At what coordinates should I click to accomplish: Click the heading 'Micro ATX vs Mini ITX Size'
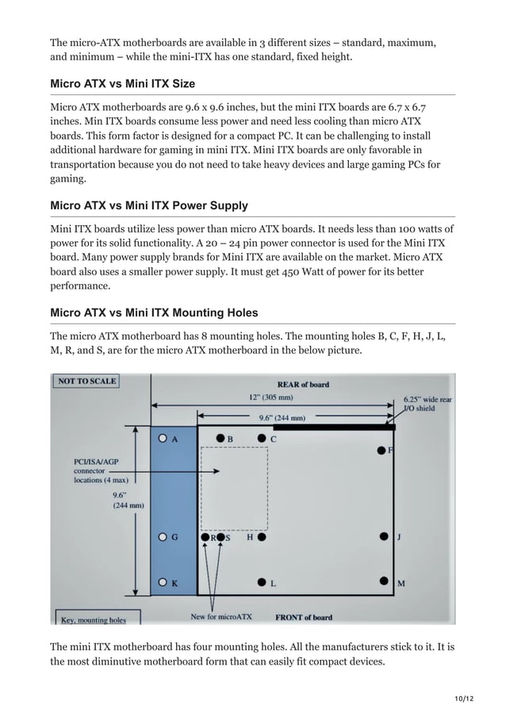coord(122,83)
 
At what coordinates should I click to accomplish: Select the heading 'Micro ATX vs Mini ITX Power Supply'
coord(149,205)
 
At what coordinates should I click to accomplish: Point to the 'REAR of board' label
coord(302,385)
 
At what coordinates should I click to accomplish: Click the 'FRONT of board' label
coord(303,617)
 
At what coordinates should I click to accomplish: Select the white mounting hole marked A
coord(163,437)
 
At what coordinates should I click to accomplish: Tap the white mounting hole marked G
coord(163,537)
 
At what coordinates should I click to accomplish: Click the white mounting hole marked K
coord(163,583)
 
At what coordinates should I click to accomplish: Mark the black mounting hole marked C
coord(262,437)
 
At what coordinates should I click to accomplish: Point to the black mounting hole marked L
coord(262,583)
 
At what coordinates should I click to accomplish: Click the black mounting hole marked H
coord(262,537)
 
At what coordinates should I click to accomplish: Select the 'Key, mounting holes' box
coord(90,618)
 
